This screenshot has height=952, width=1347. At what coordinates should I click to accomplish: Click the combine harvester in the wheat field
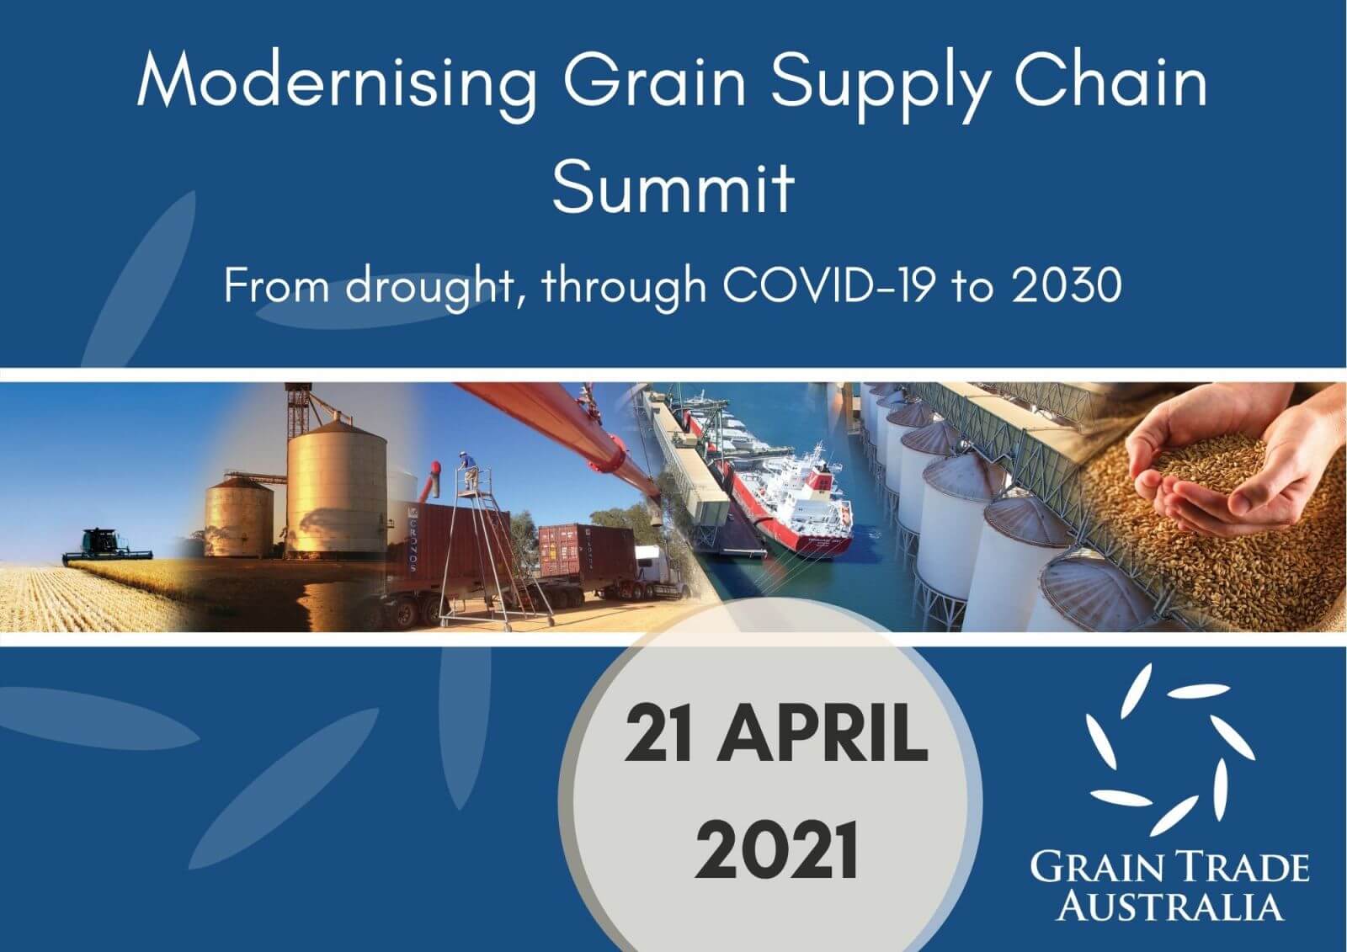point(108,544)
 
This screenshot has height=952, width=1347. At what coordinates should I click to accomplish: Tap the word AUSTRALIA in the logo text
point(1170,906)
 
